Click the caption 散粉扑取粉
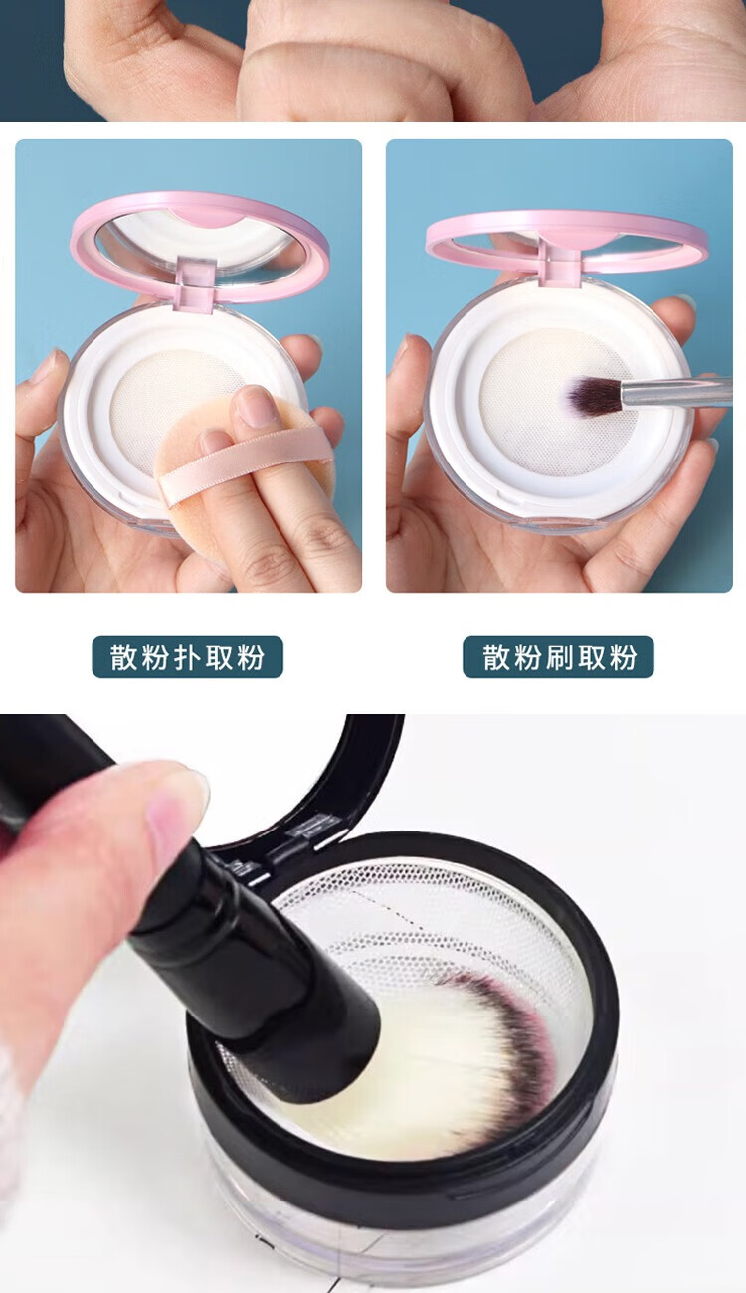187,656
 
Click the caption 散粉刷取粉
559,656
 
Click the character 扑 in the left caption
187,656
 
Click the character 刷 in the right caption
559,656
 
